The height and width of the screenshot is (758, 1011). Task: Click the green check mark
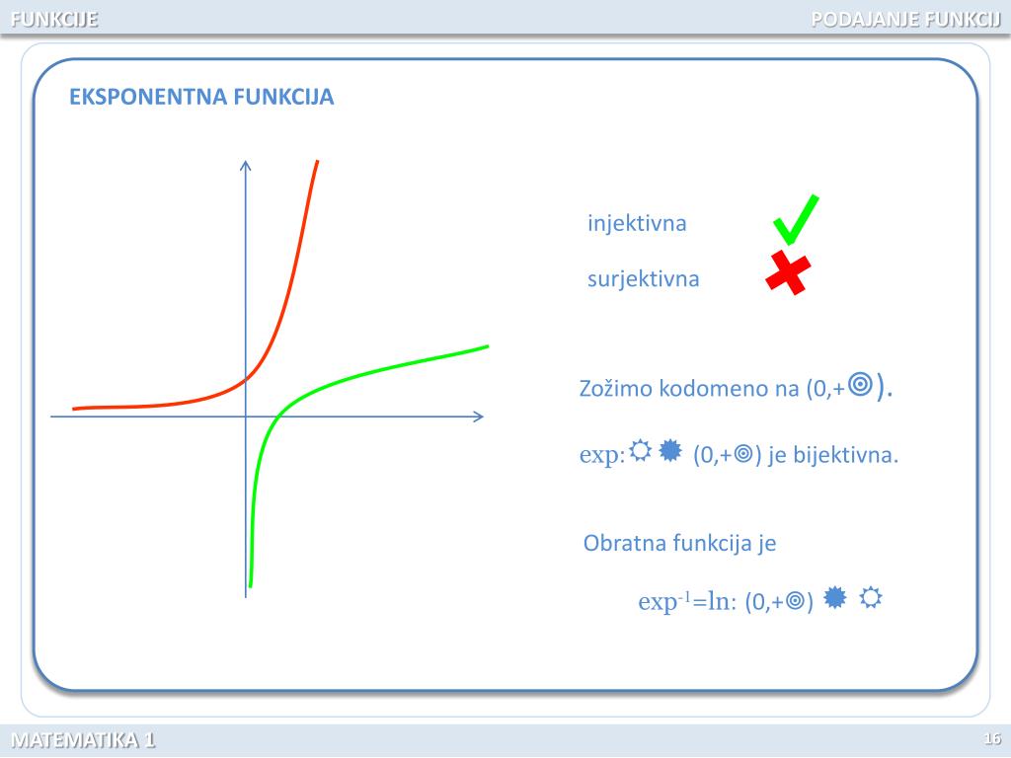click(x=795, y=220)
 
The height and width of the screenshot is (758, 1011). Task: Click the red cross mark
click(x=789, y=272)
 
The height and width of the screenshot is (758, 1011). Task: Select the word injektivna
click(x=637, y=223)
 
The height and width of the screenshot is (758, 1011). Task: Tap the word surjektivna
click(x=643, y=278)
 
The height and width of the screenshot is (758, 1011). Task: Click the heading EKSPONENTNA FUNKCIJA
click(x=201, y=97)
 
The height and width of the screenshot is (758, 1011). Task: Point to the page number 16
click(x=992, y=739)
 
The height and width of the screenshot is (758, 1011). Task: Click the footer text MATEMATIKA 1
click(x=83, y=740)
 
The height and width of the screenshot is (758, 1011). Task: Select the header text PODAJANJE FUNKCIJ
click(x=905, y=18)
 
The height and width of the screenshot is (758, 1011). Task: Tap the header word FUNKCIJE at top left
click(x=54, y=18)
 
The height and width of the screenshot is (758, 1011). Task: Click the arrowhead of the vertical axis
click(x=246, y=165)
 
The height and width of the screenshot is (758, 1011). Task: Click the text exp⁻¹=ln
click(x=687, y=601)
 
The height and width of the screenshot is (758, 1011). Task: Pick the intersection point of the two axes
click(x=246, y=417)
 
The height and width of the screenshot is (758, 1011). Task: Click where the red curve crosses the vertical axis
click(x=246, y=379)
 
